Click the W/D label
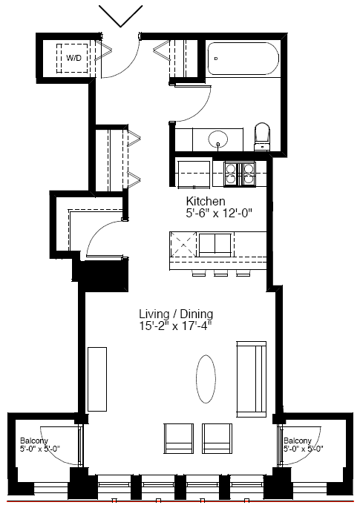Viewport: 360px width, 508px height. click(73, 58)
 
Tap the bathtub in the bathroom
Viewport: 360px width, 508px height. click(243, 59)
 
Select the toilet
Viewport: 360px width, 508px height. click(262, 136)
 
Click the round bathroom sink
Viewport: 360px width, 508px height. click(218, 139)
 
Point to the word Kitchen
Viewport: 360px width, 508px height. click(206, 201)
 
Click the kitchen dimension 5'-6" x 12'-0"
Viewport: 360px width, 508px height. click(219, 214)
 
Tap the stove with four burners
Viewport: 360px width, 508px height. click(240, 174)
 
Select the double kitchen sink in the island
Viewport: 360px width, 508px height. click(215, 244)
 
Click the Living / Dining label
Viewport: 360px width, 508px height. click(176, 314)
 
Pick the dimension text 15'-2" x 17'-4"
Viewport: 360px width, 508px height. click(175, 326)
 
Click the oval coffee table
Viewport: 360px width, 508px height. click(206, 379)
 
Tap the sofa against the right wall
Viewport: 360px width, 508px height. click(252, 379)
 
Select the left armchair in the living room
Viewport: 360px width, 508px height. click(179, 439)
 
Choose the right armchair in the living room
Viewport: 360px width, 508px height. click(217, 439)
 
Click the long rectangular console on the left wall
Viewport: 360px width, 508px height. click(97, 379)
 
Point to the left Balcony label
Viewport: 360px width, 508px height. click(33, 441)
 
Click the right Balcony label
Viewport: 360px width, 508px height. click(298, 441)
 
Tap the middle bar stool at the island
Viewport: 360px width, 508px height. click(221, 274)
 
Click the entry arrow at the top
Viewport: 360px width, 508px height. click(121, 16)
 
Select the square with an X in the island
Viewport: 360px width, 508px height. click(183, 245)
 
